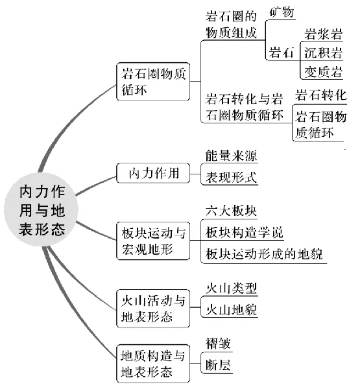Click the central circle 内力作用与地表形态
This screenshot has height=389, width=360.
point(42,209)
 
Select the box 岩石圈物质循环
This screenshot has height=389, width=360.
point(153,82)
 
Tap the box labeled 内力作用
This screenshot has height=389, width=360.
point(153,173)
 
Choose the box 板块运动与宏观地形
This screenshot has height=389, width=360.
point(153,241)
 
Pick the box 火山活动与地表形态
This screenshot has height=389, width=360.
point(153,309)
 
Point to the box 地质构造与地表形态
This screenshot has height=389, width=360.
point(153,364)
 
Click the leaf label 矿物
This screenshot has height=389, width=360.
point(282,12)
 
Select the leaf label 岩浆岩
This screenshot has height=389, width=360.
point(324,34)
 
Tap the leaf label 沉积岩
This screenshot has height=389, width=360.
point(324,53)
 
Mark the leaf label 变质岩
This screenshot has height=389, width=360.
point(324,72)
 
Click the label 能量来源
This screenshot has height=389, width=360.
point(231,156)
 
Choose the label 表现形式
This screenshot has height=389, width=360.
point(231,178)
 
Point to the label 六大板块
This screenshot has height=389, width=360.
point(231,211)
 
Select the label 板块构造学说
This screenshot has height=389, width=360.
point(245,233)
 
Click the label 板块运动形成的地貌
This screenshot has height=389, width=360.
point(264,254)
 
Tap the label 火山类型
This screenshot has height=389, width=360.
point(231,289)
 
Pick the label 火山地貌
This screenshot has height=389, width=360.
point(231,310)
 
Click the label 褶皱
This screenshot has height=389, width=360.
point(218,344)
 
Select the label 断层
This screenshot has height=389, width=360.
point(218,365)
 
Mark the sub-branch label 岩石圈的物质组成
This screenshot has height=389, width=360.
point(231,25)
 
